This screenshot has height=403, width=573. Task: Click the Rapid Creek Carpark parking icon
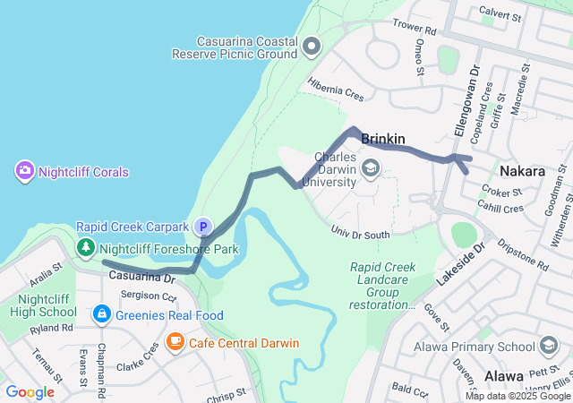click(x=204, y=227)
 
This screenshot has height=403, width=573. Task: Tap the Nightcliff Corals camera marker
click(x=24, y=170)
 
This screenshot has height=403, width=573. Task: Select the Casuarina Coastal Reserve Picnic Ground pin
click(x=312, y=46)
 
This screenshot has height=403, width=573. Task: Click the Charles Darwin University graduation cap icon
click(x=370, y=167)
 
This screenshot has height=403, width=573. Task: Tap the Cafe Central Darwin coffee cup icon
click(x=175, y=342)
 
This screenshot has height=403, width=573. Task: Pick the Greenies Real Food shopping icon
click(x=101, y=314)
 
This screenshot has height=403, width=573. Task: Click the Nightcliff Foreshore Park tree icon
click(x=85, y=247)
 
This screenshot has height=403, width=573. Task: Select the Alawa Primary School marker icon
click(x=548, y=346)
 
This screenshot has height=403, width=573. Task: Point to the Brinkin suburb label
click(x=383, y=139)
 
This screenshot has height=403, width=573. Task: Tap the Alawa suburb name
click(x=503, y=376)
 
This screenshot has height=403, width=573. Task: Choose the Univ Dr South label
click(x=361, y=235)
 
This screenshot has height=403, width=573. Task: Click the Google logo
click(x=30, y=392)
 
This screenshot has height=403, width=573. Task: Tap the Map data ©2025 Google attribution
click(x=517, y=396)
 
